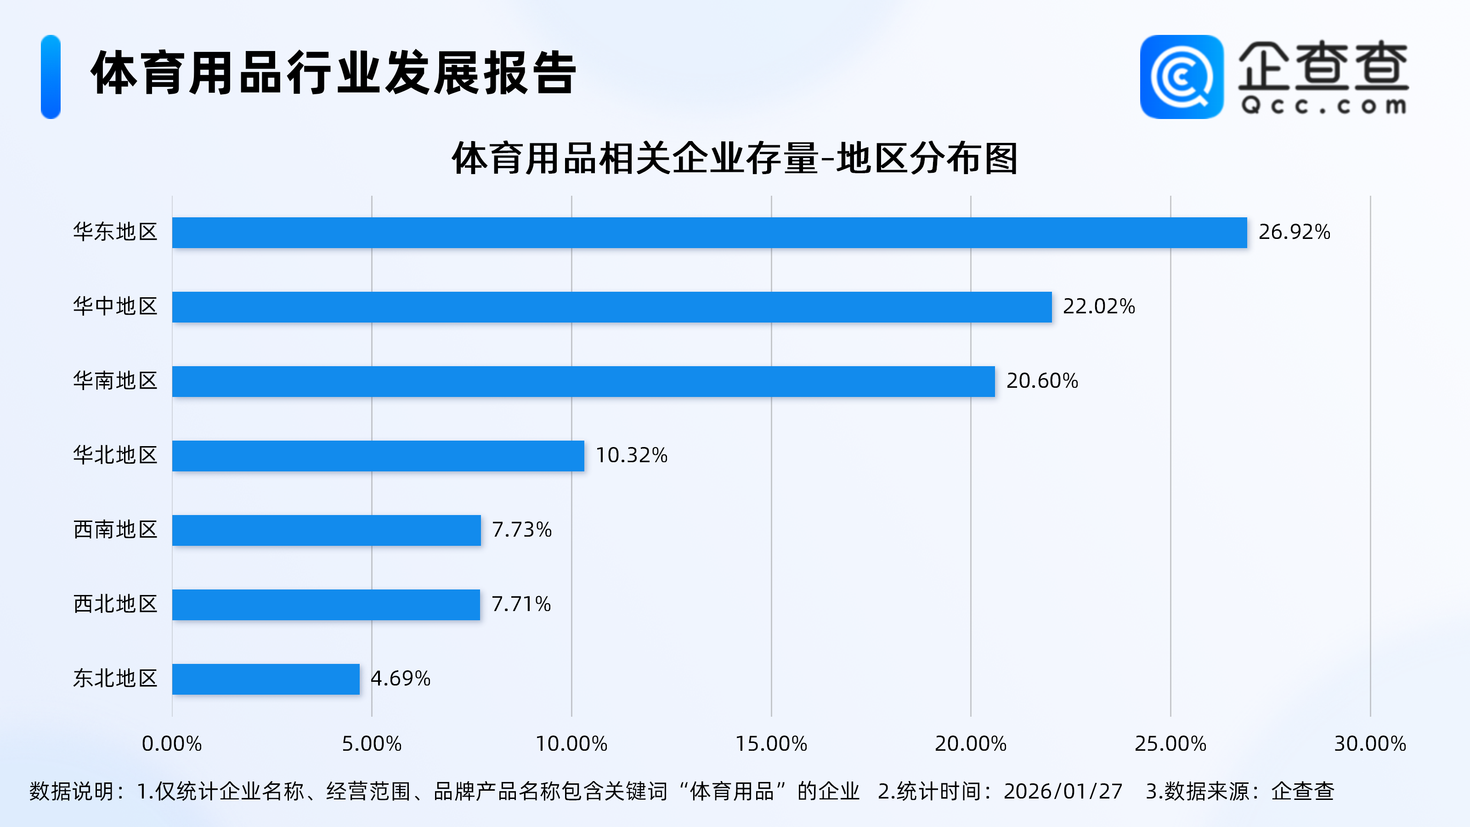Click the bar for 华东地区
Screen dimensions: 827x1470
pos(709,233)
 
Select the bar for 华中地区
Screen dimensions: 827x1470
pos(612,307)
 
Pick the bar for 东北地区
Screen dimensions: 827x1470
pos(266,679)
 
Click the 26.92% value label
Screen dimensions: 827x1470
pos(1294,232)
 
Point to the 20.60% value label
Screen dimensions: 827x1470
pos(1042,381)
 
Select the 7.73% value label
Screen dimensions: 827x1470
pos(521,530)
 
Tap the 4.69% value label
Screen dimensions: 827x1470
pos(401,679)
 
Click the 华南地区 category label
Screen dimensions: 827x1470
pos(115,381)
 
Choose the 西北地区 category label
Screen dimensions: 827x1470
pos(115,604)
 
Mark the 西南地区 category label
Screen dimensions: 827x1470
pos(115,530)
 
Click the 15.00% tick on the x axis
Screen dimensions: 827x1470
pos(771,744)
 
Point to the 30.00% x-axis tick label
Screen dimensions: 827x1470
pos(1369,744)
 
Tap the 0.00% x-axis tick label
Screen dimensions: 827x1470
pos(172,744)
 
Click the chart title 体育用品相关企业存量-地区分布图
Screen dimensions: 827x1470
pos(735,159)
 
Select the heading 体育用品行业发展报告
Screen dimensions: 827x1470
pos(334,73)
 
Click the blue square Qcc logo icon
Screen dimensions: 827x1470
pos(1181,77)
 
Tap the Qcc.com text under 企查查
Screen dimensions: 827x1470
pos(1323,106)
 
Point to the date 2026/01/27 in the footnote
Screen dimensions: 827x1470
pos(1063,792)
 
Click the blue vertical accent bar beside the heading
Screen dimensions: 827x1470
pos(51,77)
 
